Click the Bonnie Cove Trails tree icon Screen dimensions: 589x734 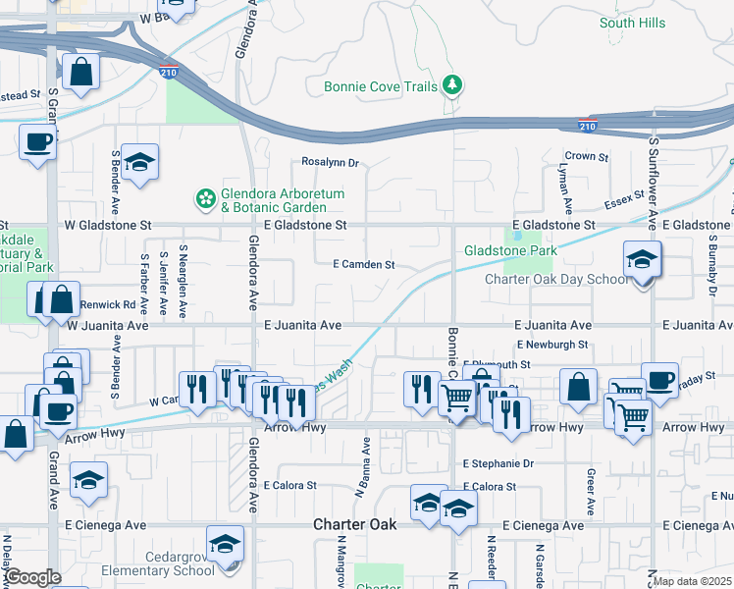tap(452, 86)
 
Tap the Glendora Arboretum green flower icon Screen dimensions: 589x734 tap(206, 200)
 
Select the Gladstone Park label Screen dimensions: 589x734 tap(510, 251)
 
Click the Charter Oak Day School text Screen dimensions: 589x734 tap(556, 279)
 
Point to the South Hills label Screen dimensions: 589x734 tap(632, 23)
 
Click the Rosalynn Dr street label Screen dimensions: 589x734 tap(331, 163)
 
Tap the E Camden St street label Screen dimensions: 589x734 tap(363, 265)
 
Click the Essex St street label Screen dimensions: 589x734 tap(624, 200)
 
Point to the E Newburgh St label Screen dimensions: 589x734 tap(552, 345)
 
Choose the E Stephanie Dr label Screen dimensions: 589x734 tap(500, 463)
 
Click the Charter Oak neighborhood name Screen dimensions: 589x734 tap(355, 525)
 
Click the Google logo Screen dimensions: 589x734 tap(32, 577)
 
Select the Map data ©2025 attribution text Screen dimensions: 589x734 tap(692, 581)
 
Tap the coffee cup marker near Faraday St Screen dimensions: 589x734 tap(659, 380)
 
